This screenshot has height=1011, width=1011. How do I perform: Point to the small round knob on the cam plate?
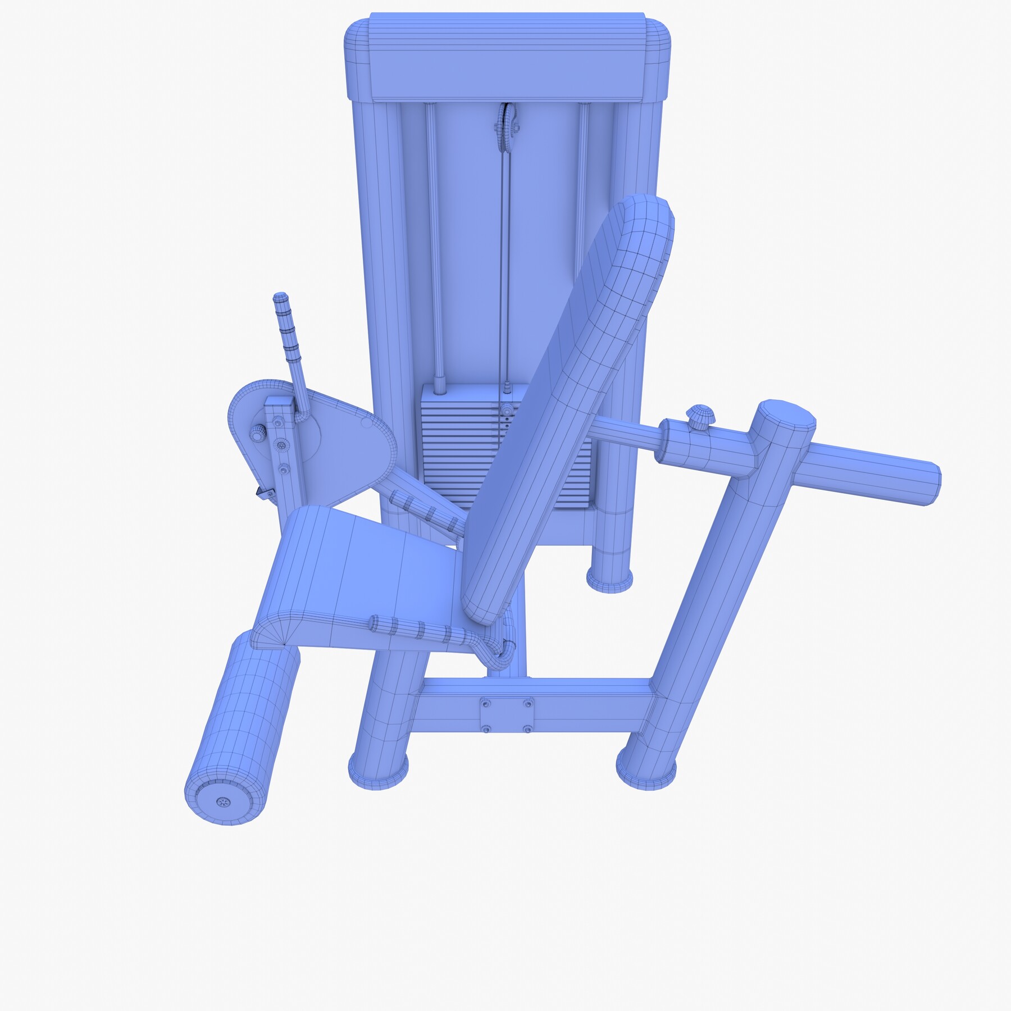(x=257, y=434)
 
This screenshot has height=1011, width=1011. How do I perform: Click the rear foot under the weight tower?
(x=609, y=579)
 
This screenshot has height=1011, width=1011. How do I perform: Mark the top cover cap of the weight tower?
(x=505, y=59)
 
